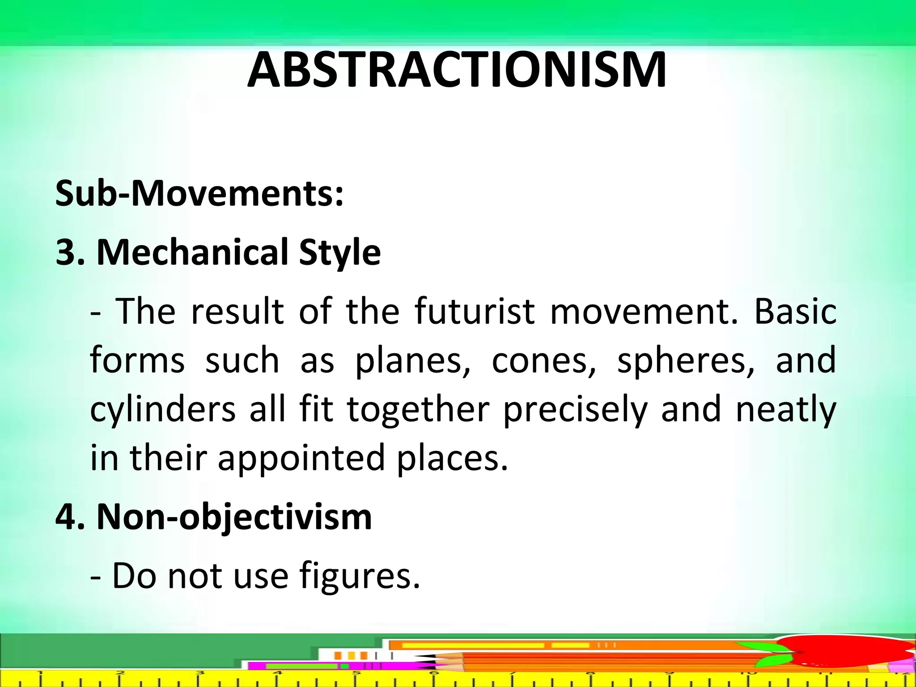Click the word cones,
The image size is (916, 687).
tap(544, 360)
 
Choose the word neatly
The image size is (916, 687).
tap(785, 410)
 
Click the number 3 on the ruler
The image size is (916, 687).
tap(200, 672)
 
